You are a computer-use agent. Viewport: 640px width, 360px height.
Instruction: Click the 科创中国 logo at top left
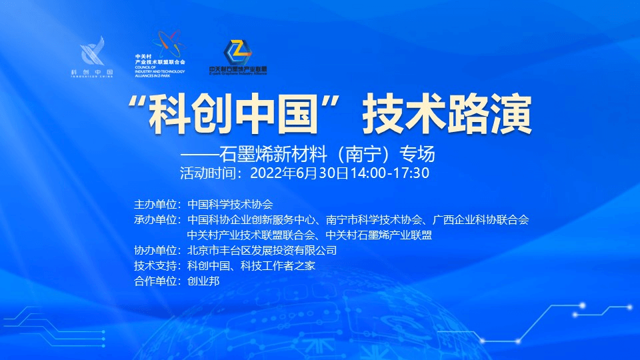tap(91, 57)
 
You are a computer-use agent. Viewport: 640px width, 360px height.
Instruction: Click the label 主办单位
tap(157, 204)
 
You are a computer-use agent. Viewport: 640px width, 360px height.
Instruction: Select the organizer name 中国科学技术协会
tap(231, 204)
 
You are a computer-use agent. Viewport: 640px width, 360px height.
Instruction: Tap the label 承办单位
tap(157, 219)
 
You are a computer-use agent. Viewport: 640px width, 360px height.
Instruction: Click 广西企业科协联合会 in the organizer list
tap(481, 219)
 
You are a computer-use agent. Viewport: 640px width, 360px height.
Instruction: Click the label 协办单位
tap(157, 251)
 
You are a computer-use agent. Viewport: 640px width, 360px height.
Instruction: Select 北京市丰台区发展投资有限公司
tap(262, 251)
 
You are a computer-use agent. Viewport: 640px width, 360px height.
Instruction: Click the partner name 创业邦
tap(203, 281)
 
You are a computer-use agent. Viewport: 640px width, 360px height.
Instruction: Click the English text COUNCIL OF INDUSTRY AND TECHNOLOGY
tap(159, 70)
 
